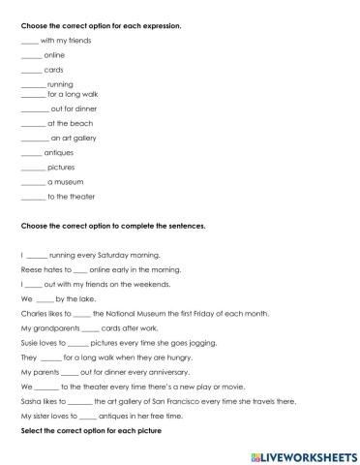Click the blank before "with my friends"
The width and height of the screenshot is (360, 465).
pyautogui.click(x=29, y=41)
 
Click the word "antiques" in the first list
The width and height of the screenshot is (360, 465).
pyautogui.click(x=60, y=153)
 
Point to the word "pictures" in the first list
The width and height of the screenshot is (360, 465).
pyautogui.click(x=61, y=167)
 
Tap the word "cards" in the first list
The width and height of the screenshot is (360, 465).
pyautogui.click(x=55, y=70)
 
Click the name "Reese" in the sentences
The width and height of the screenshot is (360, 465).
pyautogui.click(x=31, y=269)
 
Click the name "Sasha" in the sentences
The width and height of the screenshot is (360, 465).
pyautogui.click(x=31, y=399)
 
